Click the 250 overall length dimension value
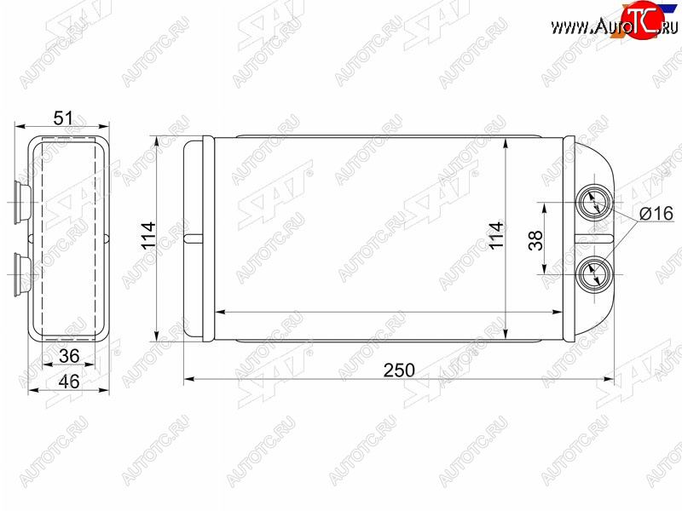(399, 370)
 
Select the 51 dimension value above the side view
(63, 118)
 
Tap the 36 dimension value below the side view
(69, 356)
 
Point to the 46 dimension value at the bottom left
(69, 382)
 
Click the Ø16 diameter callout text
(656, 214)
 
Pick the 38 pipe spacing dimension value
(536, 240)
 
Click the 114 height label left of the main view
(148, 235)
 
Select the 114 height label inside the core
(496, 236)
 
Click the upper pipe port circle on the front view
(593, 203)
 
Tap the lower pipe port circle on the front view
(593, 274)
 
